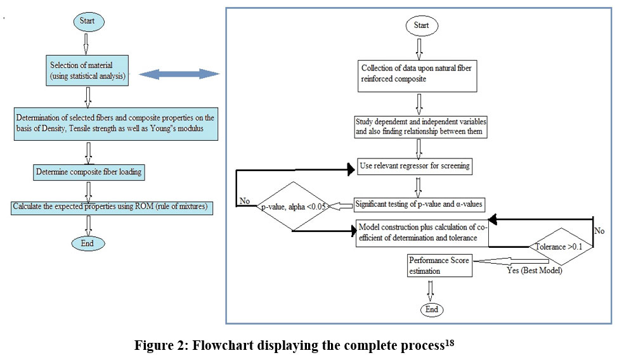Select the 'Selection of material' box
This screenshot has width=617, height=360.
point(88,69)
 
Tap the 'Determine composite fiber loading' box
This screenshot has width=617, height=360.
point(88,172)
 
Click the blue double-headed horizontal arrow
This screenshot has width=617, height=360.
point(178,75)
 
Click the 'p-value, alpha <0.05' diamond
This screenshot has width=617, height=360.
point(294,207)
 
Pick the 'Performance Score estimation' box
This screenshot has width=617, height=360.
point(441,266)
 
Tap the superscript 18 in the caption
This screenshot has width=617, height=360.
point(448,343)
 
